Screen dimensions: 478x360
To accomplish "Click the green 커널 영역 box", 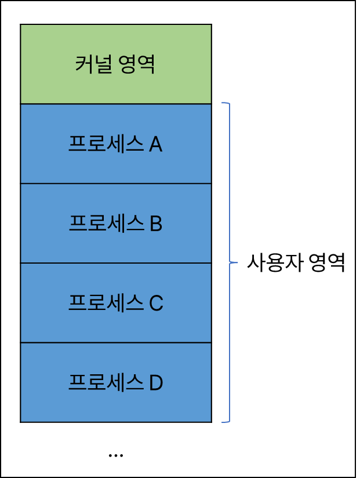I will [116, 64].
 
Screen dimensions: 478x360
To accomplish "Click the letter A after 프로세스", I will [155, 144].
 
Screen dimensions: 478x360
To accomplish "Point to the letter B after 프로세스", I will [155, 224].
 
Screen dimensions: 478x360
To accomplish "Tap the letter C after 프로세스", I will [156, 303].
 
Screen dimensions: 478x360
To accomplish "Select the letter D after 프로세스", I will [156, 382].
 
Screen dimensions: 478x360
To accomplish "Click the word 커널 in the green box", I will [93, 64].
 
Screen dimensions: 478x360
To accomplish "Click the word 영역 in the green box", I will [138, 64].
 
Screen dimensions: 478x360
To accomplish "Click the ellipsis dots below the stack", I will [115, 455].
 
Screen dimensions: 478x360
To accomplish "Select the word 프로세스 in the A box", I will [106, 144].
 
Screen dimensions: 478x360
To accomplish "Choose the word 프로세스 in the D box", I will [106, 382].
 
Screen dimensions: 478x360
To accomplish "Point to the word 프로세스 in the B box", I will [106, 224].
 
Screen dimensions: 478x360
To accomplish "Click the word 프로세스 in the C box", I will [106, 303].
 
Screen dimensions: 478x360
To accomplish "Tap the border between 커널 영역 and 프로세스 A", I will [116, 104].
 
